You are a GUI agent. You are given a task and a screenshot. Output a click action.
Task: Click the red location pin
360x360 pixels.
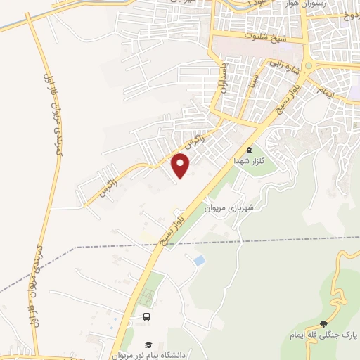pyautogui.click(x=181, y=165)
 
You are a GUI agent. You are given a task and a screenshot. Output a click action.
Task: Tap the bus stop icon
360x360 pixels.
pyautogui.click(x=146, y=317)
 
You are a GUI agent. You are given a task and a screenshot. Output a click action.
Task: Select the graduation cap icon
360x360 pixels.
pyautogui.click(x=148, y=344)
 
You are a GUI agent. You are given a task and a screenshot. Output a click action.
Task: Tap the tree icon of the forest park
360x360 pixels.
pyautogui.click(x=323, y=324)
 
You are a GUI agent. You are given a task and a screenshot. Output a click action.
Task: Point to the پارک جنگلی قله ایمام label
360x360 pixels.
pyautogui.click(x=324, y=335)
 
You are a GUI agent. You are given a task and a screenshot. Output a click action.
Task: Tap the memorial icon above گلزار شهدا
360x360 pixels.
pyautogui.click(x=247, y=149)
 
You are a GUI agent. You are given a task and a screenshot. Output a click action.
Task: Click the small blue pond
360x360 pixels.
pyautogui.click(x=200, y=261)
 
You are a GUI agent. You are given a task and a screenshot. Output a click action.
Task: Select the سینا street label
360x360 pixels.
pyautogui.click(x=250, y=83)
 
